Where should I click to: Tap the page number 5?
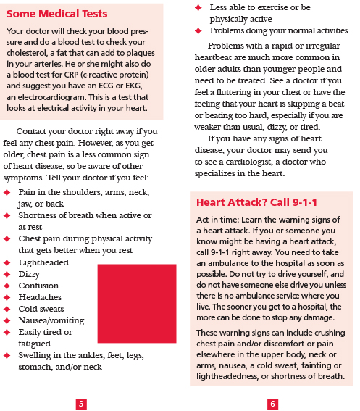[81, 404]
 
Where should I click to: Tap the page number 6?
[272, 404]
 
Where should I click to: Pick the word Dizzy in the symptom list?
[30, 275]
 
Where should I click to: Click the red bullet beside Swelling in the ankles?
[8, 355]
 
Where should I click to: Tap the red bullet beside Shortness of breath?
[8, 216]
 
